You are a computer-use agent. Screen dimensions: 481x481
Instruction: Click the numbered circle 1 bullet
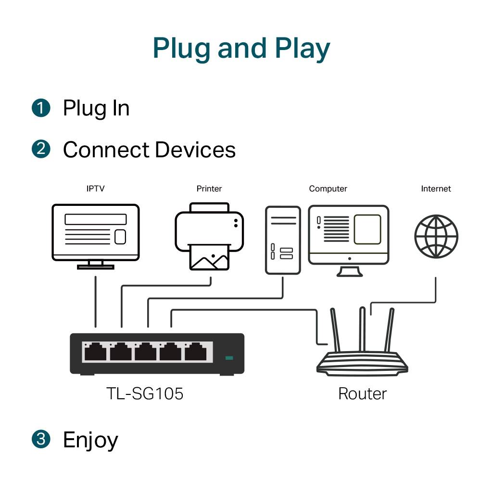41,107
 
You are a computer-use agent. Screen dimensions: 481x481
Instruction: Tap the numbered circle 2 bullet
41,149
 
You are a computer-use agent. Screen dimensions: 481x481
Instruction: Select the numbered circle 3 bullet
41,439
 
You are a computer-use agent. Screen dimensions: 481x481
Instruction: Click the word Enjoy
90,440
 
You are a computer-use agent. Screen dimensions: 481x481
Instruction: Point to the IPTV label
95,189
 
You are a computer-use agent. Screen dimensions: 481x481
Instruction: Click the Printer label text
209,189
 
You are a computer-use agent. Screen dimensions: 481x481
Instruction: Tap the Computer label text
328,189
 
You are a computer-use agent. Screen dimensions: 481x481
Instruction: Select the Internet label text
436,189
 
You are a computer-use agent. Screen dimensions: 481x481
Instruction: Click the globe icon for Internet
436,237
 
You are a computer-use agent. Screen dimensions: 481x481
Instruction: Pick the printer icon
209,236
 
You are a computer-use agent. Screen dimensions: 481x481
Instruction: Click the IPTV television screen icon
96,232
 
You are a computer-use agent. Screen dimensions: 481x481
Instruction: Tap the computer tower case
283,240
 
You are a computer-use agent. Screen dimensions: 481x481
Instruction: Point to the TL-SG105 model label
145,394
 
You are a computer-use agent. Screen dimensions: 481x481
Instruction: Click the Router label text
362,394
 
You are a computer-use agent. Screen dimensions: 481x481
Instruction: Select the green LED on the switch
229,358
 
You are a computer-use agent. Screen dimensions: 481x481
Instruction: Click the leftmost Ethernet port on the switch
95,353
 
